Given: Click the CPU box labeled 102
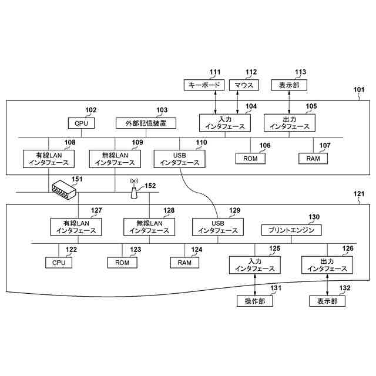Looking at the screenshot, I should [x=82, y=123].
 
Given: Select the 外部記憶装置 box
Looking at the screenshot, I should [x=146, y=123].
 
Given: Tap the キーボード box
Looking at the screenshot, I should [x=203, y=85].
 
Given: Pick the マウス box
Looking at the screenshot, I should [x=244, y=85].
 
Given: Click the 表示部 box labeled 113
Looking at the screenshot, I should [x=288, y=85].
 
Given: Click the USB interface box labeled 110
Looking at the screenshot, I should [x=180, y=159].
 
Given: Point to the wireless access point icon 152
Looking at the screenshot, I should [x=133, y=190].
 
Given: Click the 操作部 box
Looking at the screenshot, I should [x=255, y=301].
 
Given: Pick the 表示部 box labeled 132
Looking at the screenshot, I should [x=327, y=301].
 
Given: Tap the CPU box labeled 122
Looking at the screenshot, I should [x=59, y=263].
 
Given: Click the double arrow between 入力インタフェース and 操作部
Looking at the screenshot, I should [x=255, y=284].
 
